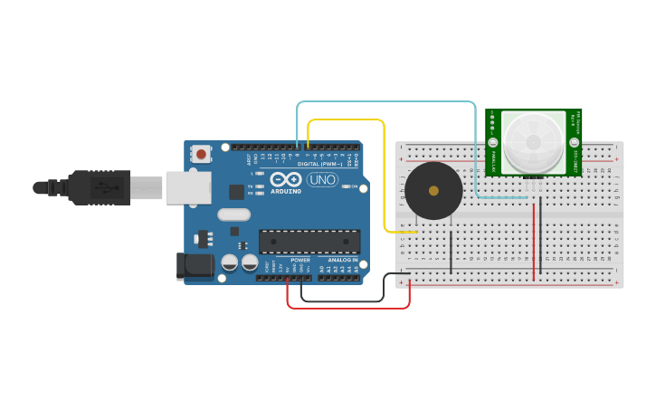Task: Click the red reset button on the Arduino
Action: (x=201, y=155)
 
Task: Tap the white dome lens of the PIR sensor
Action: (x=533, y=142)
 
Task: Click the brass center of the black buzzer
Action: (x=433, y=191)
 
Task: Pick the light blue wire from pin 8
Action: (x=389, y=102)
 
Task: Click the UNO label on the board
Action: (x=322, y=180)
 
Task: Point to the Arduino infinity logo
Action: (x=286, y=179)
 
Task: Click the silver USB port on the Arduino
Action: (x=188, y=187)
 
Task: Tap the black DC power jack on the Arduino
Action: (x=195, y=266)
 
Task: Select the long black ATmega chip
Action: (x=309, y=242)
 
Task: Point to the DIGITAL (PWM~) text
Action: (x=319, y=164)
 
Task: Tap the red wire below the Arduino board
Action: (x=348, y=308)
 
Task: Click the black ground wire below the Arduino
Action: (x=342, y=300)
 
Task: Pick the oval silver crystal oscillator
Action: (x=233, y=215)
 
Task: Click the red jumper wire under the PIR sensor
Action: (x=534, y=240)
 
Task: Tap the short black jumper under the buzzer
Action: (x=451, y=252)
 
